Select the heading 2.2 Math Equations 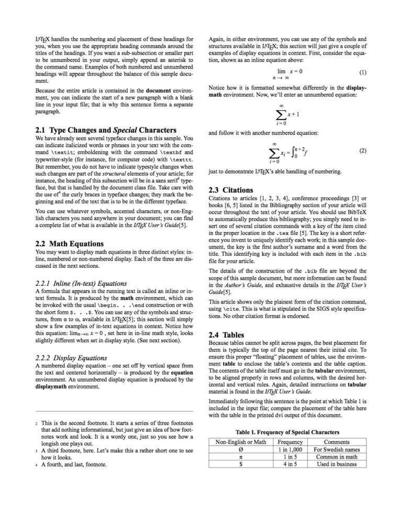pyautogui.click(x=69, y=244)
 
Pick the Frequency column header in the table pyautogui.click(x=289, y=442)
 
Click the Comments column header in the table pyautogui.click(x=337, y=442)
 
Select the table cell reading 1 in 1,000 pyautogui.click(x=289, y=450)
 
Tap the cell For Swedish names pyautogui.click(x=337, y=450)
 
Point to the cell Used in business pyautogui.click(x=337, y=464)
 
